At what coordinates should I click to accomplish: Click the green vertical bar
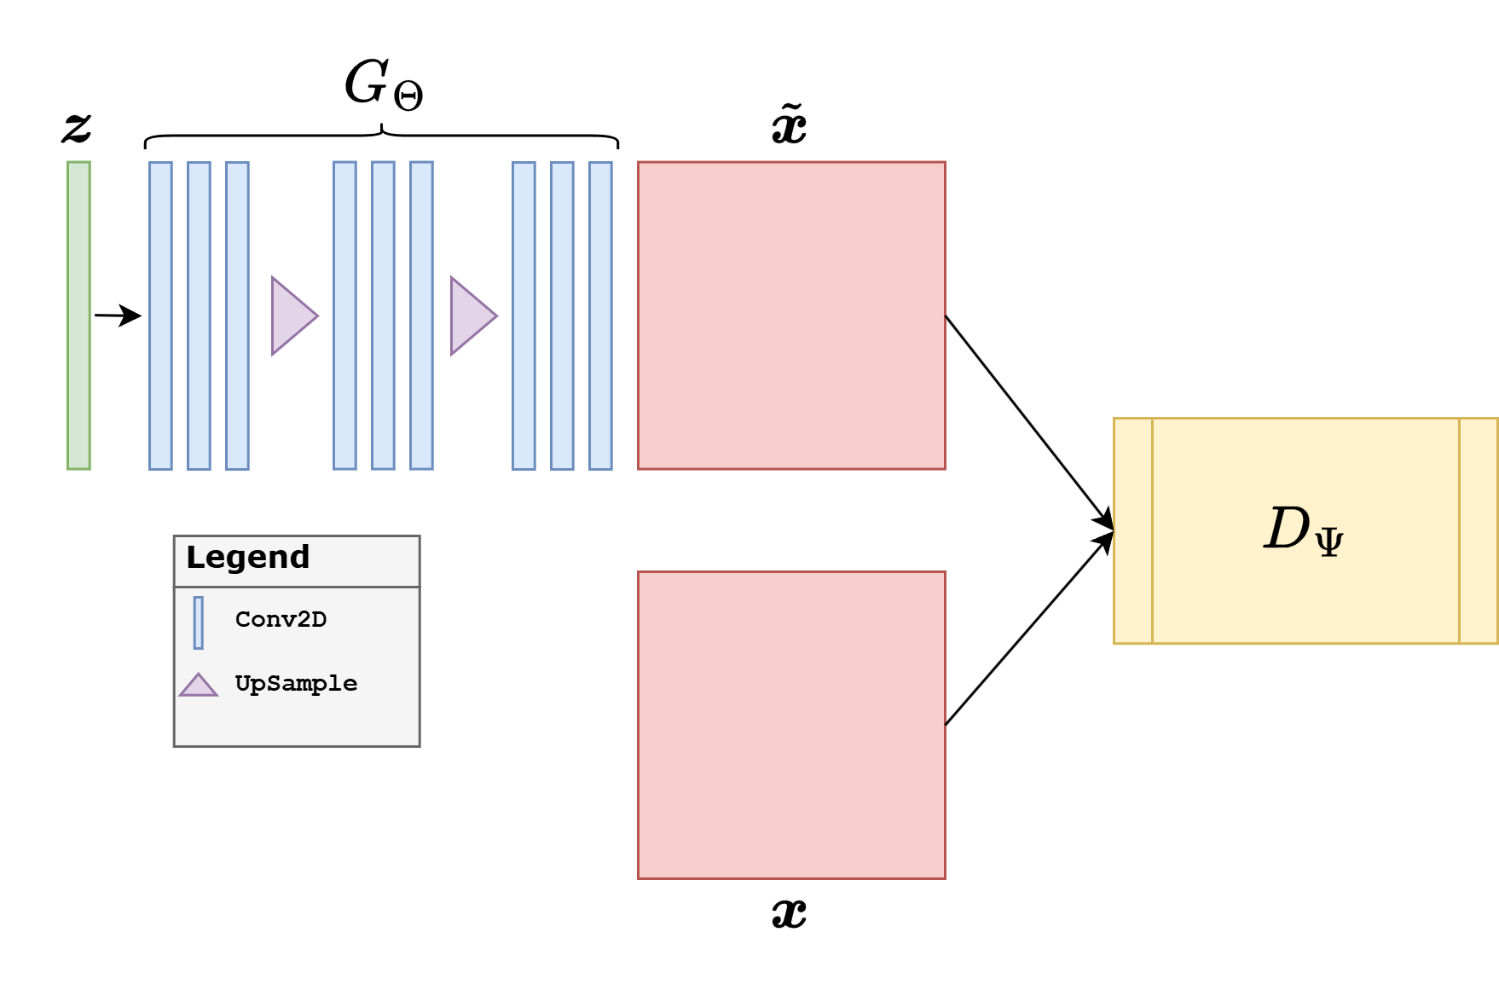[78, 316]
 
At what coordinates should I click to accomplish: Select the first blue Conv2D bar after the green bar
[160, 316]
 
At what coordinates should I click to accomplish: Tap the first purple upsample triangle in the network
[292, 316]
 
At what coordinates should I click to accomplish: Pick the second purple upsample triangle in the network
[472, 316]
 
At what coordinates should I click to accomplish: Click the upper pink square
[791, 316]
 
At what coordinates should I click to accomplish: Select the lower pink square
[791, 725]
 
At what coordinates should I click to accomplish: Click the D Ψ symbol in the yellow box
[1304, 530]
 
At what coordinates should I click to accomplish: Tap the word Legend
[247, 558]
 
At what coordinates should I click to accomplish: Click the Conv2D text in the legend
[281, 620]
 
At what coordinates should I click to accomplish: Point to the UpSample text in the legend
[296, 684]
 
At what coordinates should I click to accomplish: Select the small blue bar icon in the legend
[199, 622]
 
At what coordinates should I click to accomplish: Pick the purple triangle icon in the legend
[199, 686]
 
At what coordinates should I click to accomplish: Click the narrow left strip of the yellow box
[1133, 530]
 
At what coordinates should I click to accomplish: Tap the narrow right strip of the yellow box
[1479, 530]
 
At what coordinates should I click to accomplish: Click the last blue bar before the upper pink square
[600, 316]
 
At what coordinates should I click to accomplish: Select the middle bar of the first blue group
[199, 316]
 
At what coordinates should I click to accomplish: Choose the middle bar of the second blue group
[383, 316]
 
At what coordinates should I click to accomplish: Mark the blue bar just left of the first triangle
[237, 316]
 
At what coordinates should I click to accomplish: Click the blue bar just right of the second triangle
[524, 316]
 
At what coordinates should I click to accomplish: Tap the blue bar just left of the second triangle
[421, 316]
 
